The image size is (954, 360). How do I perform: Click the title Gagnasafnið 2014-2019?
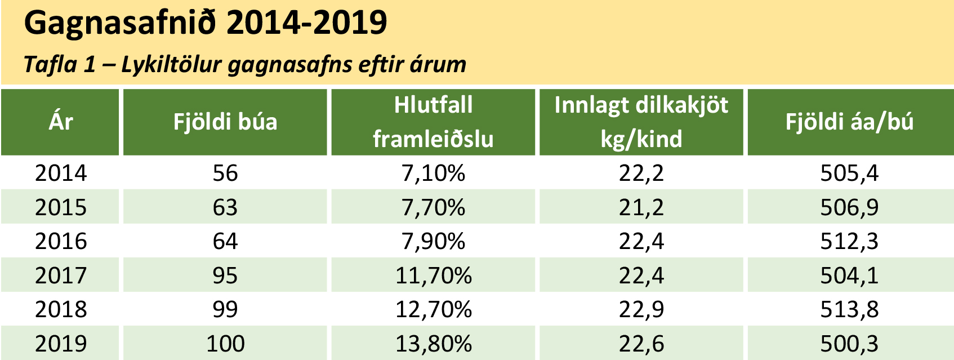click(206, 24)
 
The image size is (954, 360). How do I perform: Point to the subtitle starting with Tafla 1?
click(245, 65)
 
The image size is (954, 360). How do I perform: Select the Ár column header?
click(61, 122)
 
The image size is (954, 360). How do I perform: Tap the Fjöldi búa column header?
click(225, 122)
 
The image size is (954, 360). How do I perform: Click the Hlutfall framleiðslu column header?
click(433, 122)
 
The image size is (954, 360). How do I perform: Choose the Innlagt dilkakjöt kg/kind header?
click(641, 122)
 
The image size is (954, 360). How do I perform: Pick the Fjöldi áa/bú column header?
click(849, 122)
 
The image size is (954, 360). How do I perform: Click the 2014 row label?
click(61, 173)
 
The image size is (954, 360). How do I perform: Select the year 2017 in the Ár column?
click(61, 275)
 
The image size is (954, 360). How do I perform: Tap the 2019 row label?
click(61, 344)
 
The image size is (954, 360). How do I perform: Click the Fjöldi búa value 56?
click(225, 173)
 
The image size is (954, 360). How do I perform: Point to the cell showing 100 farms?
click(225, 344)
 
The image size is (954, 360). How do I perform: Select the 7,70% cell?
click(433, 207)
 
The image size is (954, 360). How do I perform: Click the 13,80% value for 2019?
click(433, 344)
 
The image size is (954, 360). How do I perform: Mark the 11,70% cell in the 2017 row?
click(433, 275)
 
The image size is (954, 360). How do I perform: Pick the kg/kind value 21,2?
click(641, 207)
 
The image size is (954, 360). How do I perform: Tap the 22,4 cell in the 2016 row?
click(641, 241)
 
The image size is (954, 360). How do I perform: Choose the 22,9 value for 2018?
click(641, 309)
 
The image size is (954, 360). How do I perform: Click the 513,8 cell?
click(849, 309)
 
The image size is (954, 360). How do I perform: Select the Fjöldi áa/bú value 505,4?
click(849, 173)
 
